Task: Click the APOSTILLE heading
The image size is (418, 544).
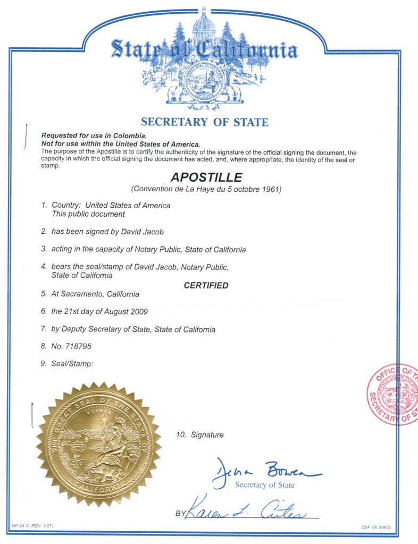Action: click(x=206, y=177)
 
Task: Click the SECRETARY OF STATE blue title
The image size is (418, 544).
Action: click(x=205, y=122)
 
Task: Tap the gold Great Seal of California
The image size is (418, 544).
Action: click(x=98, y=444)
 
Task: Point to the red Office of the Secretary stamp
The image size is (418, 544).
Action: click(x=392, y=394)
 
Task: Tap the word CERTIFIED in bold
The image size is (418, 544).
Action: click(x=206, y=285)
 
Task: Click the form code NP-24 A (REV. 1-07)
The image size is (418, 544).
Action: click(x=32, y=525)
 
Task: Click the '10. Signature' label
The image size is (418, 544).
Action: click(x=200, y=435)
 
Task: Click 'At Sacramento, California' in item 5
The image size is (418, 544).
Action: click(x=95, y=294)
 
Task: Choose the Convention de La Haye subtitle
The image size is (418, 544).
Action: click(x=206, y=189)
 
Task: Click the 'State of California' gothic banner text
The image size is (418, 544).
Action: click(x=204, y=51)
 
